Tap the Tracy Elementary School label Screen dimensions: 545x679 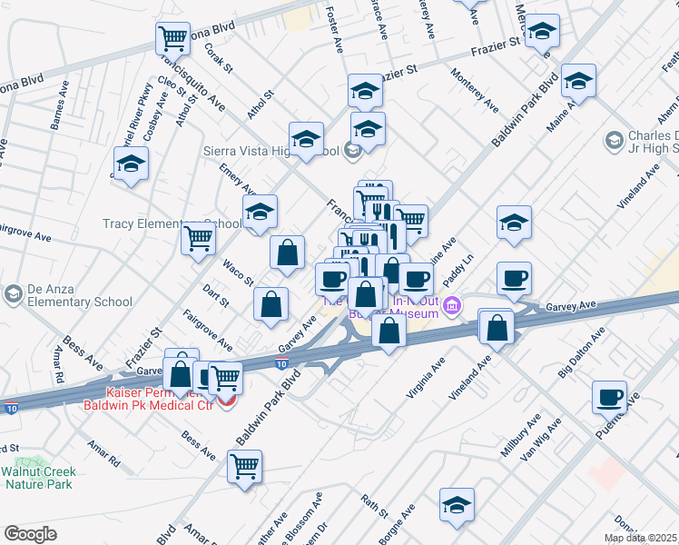[161, 223]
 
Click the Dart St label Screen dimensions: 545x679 [215, 294]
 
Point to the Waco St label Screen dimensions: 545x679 [238, 272]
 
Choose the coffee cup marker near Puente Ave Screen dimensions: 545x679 [609, 397]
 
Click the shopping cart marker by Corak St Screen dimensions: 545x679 [172, 39]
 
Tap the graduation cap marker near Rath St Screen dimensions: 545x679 [457, 505]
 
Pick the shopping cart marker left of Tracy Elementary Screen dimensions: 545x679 [198, 239]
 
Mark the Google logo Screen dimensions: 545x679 [31, 534]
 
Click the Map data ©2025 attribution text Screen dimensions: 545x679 [641, 538]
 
